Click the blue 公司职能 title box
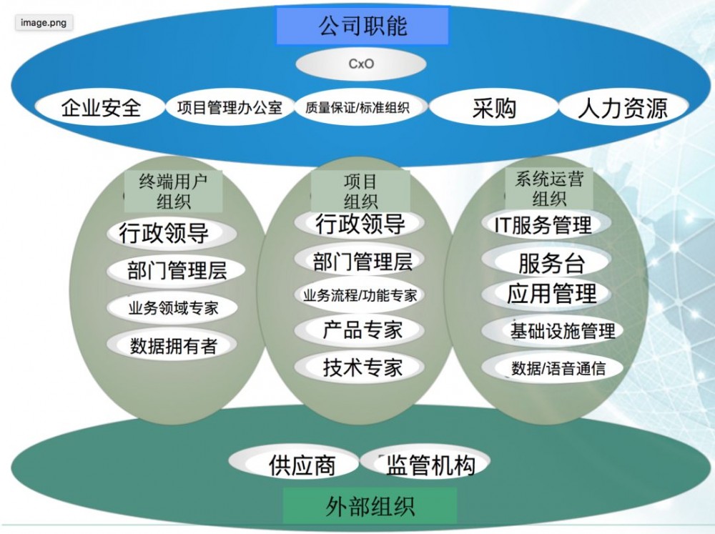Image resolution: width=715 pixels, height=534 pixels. [362, 26]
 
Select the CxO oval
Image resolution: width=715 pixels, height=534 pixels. [361, 64]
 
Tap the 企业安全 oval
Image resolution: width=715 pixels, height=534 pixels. [101, 109]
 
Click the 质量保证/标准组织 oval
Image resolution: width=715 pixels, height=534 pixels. [357, 109]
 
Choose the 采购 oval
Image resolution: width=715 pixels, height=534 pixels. [493, 109]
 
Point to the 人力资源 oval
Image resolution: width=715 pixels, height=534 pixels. [622, 109]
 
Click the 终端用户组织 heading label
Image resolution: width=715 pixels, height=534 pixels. [172, 189]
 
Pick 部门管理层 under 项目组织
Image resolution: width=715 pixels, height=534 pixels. [363, 262]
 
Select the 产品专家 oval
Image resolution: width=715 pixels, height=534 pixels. [363, 330]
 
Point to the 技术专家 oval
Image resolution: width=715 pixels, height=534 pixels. [363, 367]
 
